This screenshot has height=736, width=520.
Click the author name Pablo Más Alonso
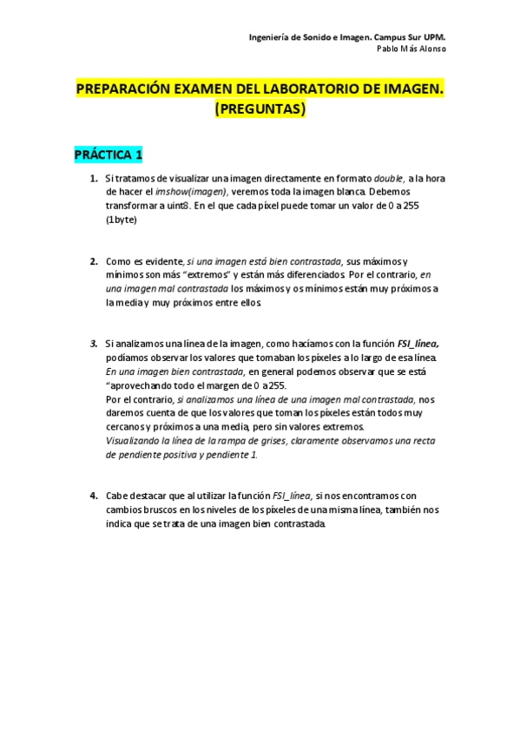click(411, 49)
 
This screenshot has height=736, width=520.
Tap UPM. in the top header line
click(434, 37)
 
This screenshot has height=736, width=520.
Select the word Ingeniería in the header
click(270, 37)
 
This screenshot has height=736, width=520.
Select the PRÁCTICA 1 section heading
click(108, 154)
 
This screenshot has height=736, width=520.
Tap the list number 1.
click(94, 178)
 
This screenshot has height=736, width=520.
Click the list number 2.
click(94, 261)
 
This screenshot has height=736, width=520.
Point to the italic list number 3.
click(94, 344)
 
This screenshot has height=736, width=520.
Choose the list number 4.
click(94, 496)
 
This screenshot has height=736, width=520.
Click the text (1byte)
click(122, 220)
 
